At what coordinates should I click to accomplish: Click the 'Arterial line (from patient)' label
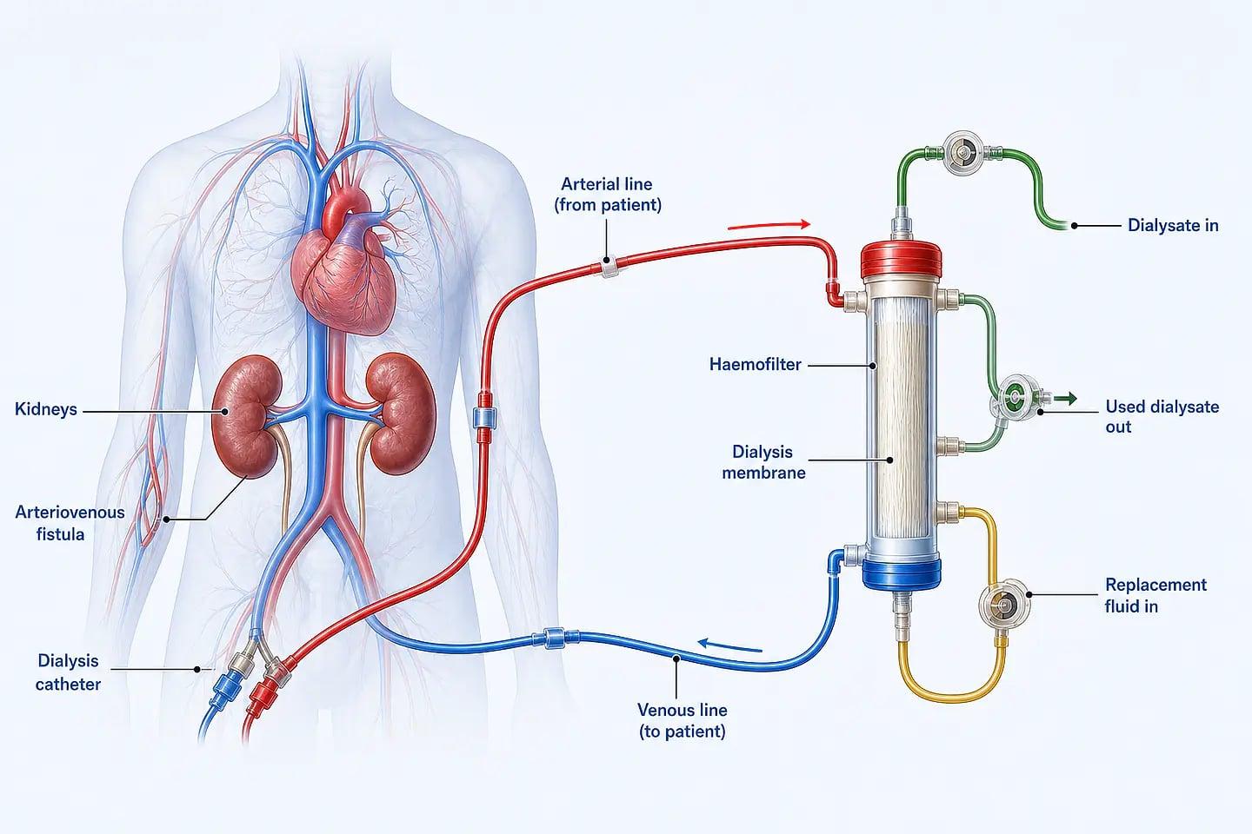[x=608, y=195]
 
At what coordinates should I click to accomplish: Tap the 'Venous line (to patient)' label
[x=683, y=720]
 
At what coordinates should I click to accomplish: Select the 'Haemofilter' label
[x=755, y=365]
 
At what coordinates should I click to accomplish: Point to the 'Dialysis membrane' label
[x=763, y=462]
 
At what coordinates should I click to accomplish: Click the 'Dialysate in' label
[x=1173, y=225]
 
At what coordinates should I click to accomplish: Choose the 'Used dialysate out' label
[x=1162, y=416]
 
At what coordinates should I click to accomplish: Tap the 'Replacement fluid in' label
[x=1155, y=595]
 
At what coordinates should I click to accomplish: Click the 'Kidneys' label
[x=46, y=409]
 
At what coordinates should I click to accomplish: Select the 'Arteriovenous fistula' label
[x=70, y=523]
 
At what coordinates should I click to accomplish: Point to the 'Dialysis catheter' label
[x=68, y=672]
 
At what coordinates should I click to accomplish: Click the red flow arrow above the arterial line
[x=769, y=225]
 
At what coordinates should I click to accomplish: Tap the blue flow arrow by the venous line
[x=730, y=645]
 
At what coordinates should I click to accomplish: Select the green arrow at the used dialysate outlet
[x=1065, y=398]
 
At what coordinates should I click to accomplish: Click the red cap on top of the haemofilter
[x=901, y=260]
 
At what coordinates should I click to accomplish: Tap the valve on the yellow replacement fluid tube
[x=1004, y=603]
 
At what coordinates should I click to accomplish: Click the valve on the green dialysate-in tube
[x=964, y=151]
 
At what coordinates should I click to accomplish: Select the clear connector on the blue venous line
[x=555, y=638]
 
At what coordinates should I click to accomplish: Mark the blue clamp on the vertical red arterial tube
[x=484, y=418]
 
